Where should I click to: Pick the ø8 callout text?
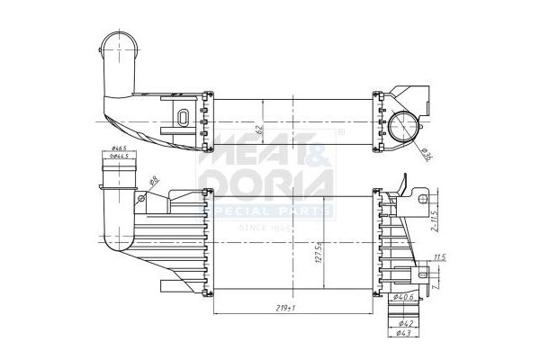155,180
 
